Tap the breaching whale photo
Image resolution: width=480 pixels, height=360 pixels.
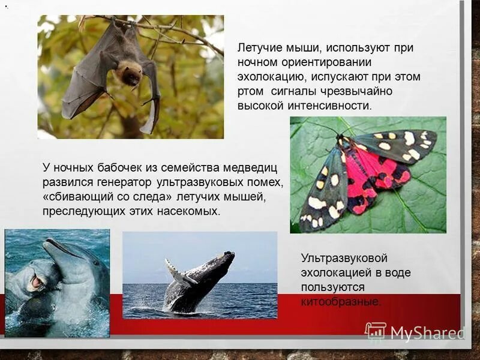200,275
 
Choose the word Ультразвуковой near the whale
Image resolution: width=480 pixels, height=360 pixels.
344,259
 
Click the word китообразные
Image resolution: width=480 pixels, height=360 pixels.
341,302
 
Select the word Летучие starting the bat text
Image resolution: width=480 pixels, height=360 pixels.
256,48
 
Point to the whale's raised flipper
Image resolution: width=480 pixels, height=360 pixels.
179,274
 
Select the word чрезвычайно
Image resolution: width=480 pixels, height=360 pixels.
361,91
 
